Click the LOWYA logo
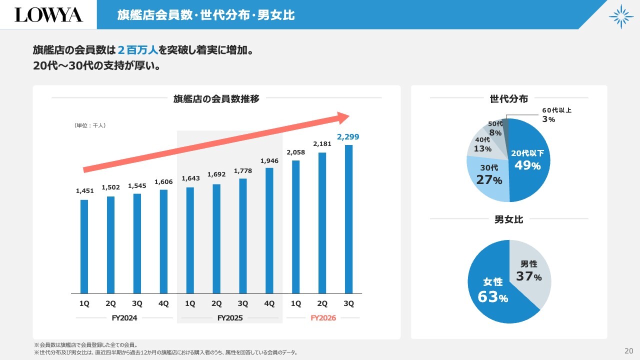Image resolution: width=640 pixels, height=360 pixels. click(48, 15)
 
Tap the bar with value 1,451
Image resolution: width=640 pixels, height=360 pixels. click(84, 246)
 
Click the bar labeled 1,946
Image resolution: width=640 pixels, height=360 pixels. click(269, 230)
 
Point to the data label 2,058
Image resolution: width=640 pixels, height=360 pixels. click(295, 152)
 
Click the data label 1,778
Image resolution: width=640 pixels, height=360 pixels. click(243, 171)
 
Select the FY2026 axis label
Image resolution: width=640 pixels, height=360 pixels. click(323, 318)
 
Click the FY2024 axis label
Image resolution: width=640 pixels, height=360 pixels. click(124, 318)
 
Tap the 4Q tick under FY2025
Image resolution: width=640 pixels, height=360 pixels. click(269, 303)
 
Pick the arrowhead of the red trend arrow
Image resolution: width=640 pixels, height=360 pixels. click(343, 118)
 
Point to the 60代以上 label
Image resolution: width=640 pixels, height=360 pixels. click(556, 110)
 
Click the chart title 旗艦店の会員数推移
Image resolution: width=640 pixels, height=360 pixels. click(216, 98)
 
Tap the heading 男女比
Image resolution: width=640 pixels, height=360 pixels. click(508, 219)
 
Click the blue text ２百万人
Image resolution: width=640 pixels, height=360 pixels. click(137, 50)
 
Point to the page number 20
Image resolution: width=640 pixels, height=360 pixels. click(629, 350)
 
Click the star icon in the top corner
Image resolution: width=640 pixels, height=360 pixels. click(621, 16)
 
